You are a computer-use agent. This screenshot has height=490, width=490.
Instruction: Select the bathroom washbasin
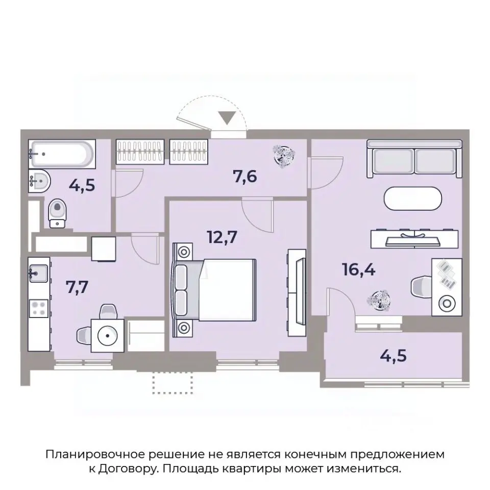click(x=38, y=180)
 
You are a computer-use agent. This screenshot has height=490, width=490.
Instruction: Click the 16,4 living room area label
click(x=359, y=270)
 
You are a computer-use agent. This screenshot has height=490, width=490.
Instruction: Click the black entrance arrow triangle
click(x=228, y=118)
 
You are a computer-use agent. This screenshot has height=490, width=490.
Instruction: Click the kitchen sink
click(x=38, y=274)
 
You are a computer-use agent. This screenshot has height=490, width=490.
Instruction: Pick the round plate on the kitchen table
click(x=107, y=335)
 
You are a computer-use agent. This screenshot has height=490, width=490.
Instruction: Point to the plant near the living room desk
click(x=380, y=300)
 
